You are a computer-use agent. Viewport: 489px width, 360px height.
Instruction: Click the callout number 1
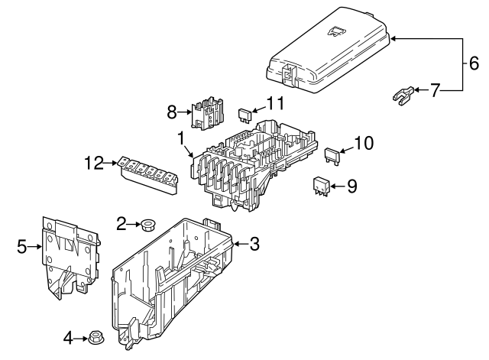pos(181,139)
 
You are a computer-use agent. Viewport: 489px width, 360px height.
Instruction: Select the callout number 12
pos(93,162)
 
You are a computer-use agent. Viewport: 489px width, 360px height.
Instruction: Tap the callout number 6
pos(474,63)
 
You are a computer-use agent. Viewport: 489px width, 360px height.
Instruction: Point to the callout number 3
pos(254,244)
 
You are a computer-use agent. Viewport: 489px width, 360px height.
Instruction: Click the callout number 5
pos(22,247)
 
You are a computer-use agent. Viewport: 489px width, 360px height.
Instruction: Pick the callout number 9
pos(351,185)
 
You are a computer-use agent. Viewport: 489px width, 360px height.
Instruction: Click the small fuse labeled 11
pos(247,115)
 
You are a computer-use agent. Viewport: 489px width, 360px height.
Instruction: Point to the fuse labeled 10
pos(334,154)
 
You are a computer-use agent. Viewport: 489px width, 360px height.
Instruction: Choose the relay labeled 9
pos(321,185)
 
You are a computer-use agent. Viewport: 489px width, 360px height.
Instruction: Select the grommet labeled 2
pos(147,225)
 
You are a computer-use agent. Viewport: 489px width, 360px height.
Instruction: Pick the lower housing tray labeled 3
pos(176,283)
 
